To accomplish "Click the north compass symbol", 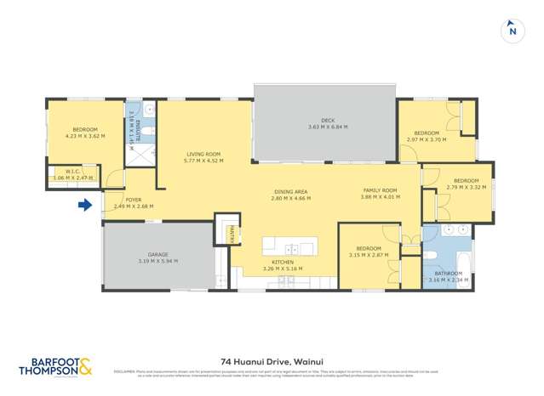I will point(511,30).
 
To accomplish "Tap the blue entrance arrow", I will point(84,205).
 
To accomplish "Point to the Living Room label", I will point(203,154).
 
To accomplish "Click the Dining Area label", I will point(291,191).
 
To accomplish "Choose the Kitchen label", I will point(283,262).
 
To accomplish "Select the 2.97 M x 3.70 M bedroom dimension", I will point(427,139).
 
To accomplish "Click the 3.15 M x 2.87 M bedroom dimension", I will point(369,255).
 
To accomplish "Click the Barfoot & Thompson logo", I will point(55,365).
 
